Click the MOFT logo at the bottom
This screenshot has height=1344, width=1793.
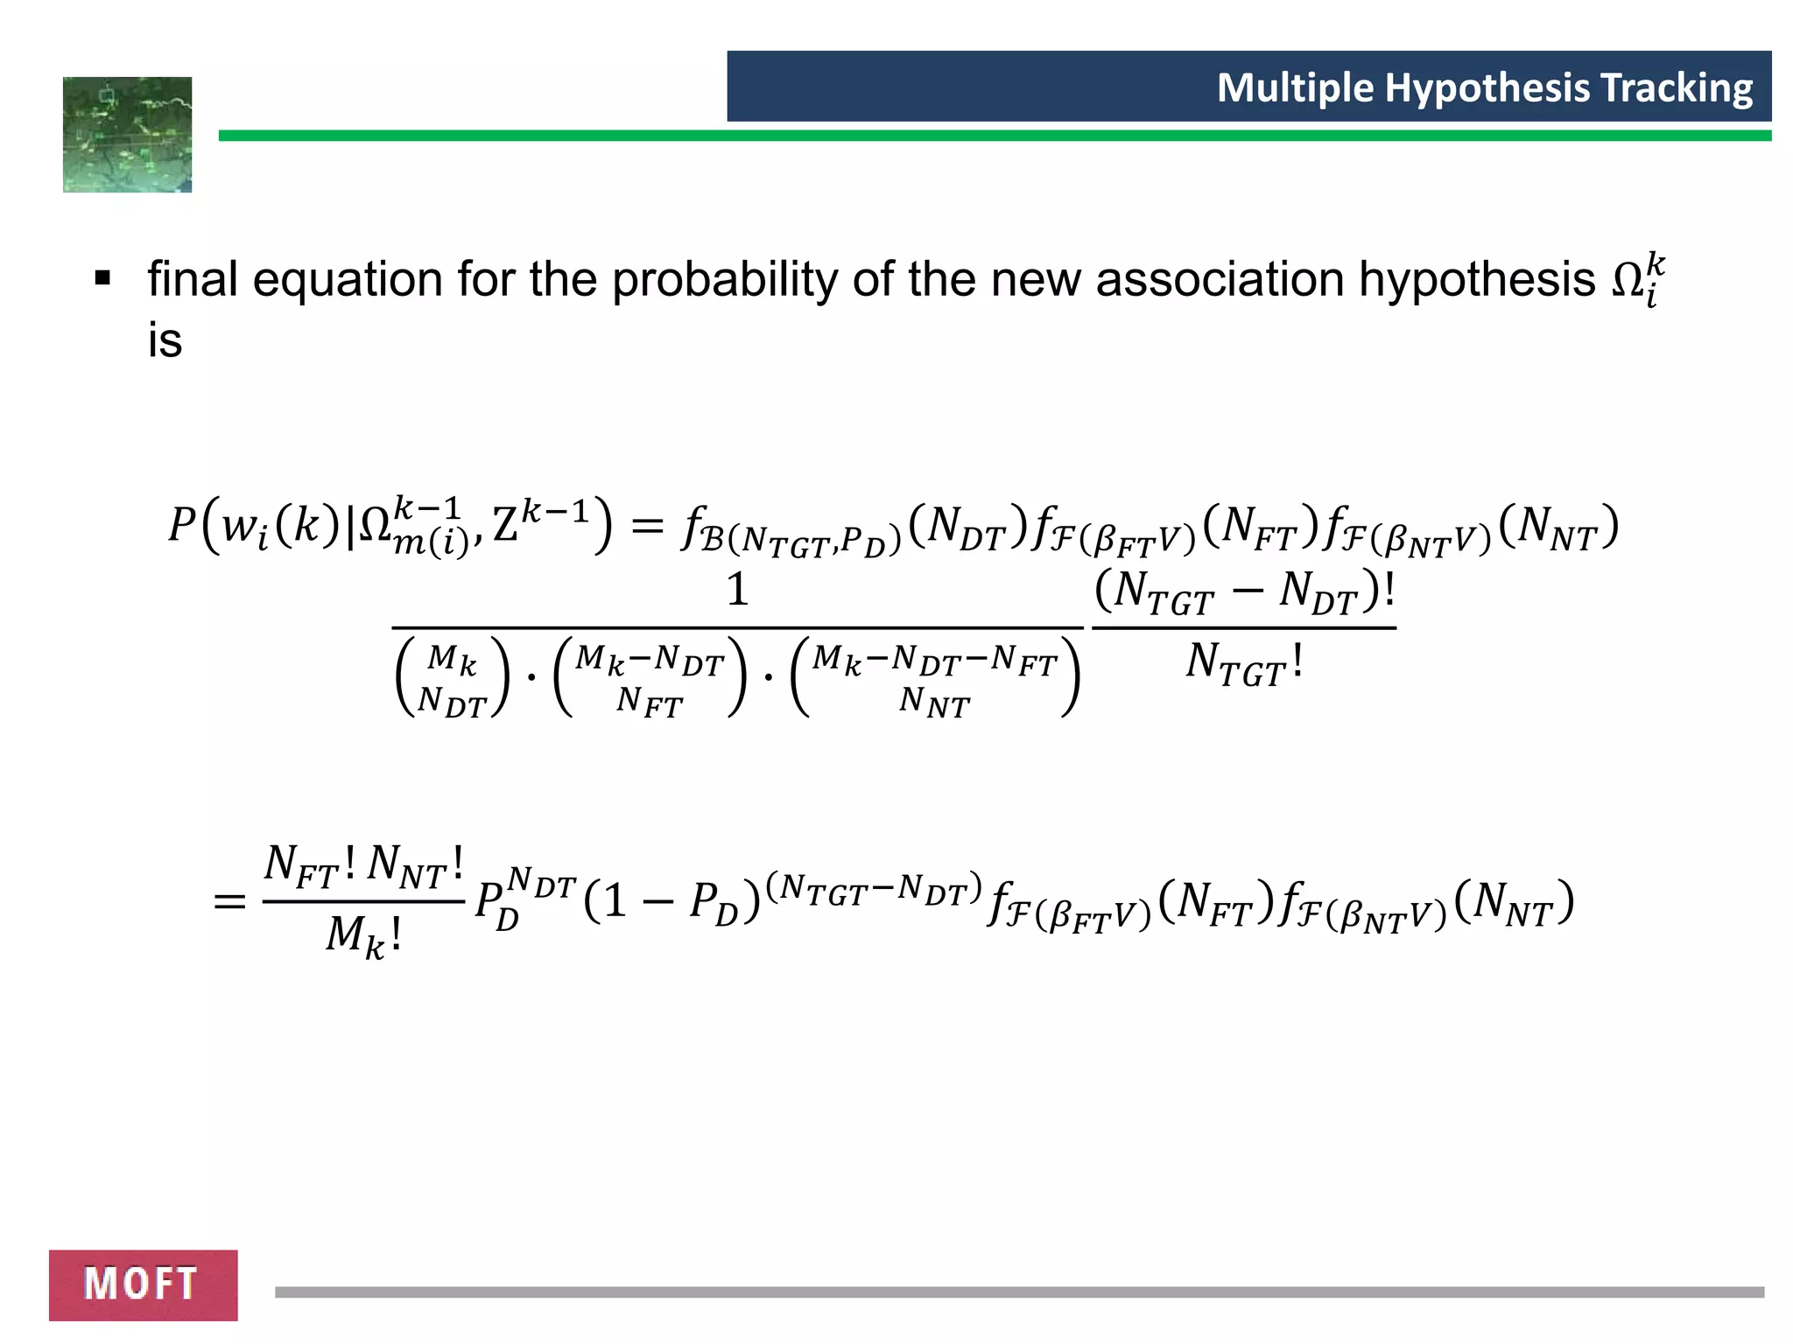pyautogui.click(x=143, y=1284)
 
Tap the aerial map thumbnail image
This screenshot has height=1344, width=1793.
pyautogui.click(x=127, y=135)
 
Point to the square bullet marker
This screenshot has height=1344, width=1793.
pyautogui.click(x=103, y=280)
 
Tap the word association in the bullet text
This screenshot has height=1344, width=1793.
pyautogui.click(x=1219, y=280)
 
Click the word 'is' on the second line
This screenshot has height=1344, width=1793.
pyautogui.click(x=165, y=340)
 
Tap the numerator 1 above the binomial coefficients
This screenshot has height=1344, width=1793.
pyautogui.click(x=737, y=590)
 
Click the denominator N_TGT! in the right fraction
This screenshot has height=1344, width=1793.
pyautogui.click(x=1244, y=663)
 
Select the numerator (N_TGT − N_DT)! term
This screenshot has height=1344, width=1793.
pyautogui.click(x=1244, y=592)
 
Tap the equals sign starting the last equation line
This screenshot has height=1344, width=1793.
pyautogui.click(x=229, y=900)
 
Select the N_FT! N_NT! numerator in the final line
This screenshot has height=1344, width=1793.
pyautogui.click(x=363, y=864)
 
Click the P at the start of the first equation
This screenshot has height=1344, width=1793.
pyautogui.click(x=182, y=525)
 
